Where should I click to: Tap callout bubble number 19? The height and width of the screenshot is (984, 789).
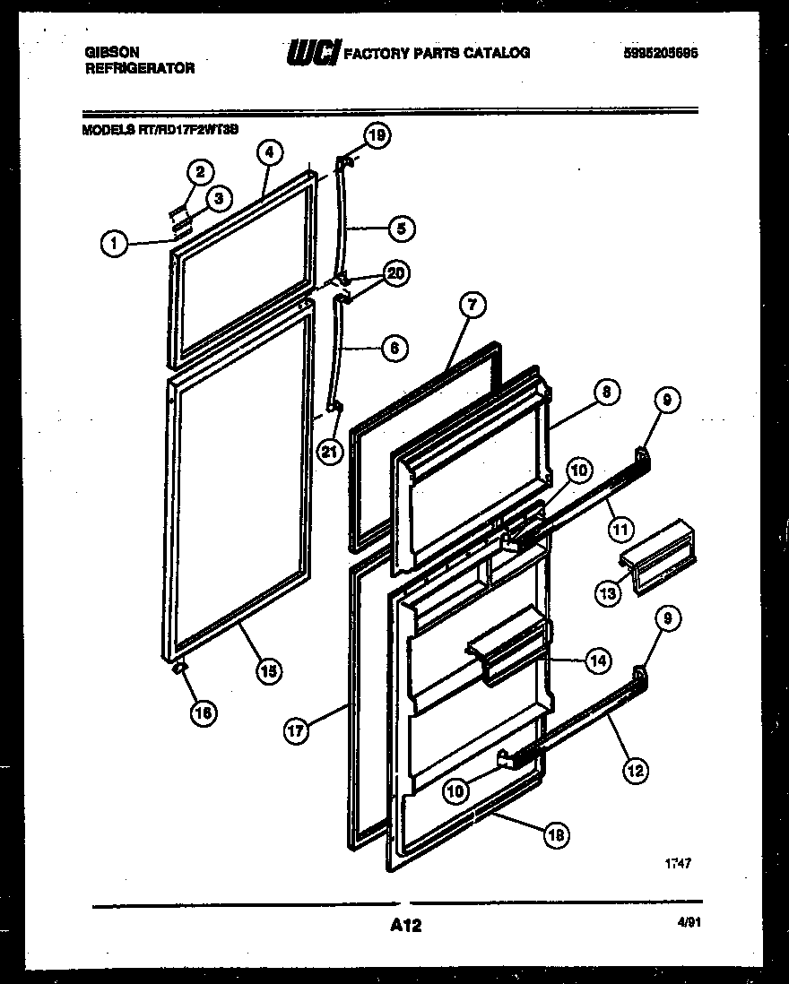coord(377,136)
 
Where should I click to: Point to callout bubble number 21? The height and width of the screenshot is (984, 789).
coord(331,452)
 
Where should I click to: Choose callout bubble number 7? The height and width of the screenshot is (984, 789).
coord(472,305)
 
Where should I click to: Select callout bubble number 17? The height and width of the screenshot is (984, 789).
coord(298,730)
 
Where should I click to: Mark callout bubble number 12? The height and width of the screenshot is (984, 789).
coord(635,769)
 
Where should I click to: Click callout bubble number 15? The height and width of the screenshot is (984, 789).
coord(267,670)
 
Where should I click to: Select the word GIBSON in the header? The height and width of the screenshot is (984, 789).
coord(107,53)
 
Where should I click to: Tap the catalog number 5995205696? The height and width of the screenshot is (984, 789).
coord(661,53)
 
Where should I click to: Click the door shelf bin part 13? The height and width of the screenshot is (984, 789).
coord(660,556)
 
